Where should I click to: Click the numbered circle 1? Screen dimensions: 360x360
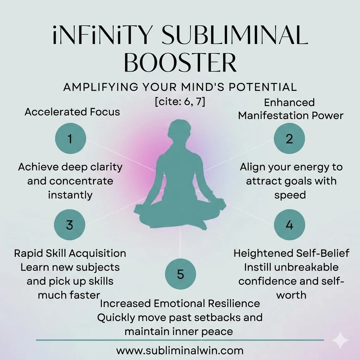71,139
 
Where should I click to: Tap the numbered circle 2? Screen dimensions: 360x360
289,139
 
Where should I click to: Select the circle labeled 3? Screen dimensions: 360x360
70,225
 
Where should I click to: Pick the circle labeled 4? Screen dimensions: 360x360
289,225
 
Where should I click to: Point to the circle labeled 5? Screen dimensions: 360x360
180,274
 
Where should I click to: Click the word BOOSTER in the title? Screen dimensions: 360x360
180,64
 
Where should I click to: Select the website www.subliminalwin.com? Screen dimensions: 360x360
180,350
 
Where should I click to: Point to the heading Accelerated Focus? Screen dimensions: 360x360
72,112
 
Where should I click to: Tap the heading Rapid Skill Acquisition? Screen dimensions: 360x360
70,253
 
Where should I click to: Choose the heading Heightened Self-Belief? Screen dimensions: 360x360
291,253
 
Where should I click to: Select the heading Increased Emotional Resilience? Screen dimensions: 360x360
180,303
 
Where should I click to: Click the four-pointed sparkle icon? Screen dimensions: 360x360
340,340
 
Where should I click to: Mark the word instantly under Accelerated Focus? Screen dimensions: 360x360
70,195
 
